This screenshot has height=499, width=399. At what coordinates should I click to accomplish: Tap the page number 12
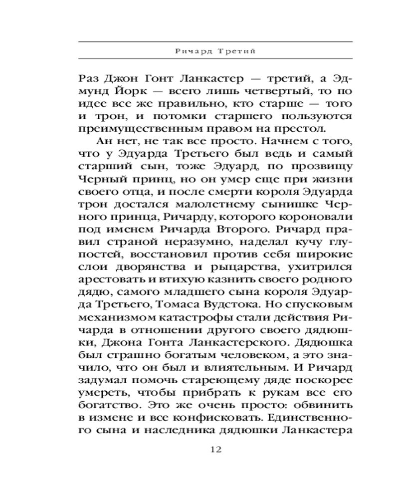click(x=216, y=449)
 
